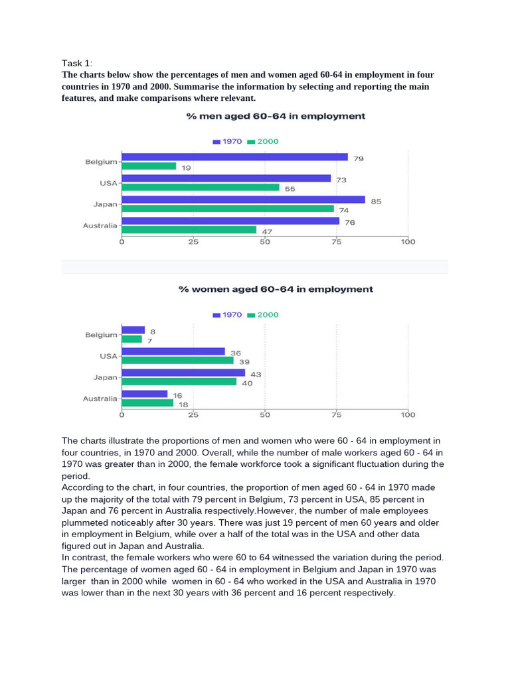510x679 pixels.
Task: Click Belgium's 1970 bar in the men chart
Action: (x=234, y=156)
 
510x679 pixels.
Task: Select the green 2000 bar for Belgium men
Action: (x=149, y=166)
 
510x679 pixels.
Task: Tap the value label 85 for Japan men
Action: (x=376, y=202)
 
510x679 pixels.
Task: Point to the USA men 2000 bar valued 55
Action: (x=201, y=187)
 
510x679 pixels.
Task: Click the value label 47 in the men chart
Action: (x=267, y=231)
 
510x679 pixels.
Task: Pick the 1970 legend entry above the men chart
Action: (x=227, y=142)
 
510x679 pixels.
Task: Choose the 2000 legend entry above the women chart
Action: (x=263, y=315)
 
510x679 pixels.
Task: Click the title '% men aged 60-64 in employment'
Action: (x=276, y=116)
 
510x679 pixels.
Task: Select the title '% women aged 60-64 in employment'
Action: (x=276, y=289)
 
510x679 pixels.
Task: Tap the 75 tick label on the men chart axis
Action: (x=337, y=241)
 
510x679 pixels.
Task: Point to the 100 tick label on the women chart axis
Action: (x=408, y=415)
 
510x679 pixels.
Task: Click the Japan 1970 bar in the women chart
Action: (x=183, y=373)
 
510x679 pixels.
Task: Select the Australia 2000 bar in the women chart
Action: (x=147, y=402)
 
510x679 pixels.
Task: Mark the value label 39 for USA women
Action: (x=244, y=362)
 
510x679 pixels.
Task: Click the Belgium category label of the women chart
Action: (x=101, y=335)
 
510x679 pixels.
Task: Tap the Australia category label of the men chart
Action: (x=100, y=225)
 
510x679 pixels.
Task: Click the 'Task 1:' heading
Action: (x=77, y=63)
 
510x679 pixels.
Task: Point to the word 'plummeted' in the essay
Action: (x=82, y=523)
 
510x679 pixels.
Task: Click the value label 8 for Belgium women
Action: (x=153, y=332)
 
